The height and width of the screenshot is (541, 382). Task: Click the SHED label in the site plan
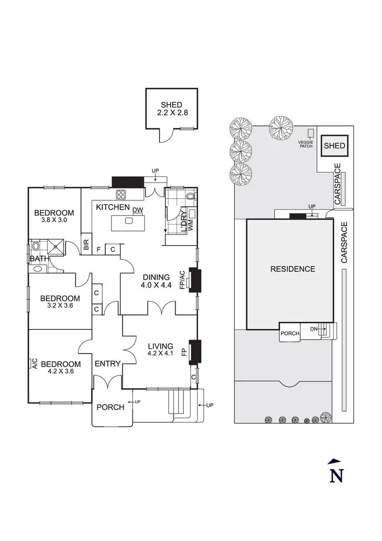335,146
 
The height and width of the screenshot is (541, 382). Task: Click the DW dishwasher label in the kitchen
138,210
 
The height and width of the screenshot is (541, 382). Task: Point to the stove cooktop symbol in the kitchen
122,194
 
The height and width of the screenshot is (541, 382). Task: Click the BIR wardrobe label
86,244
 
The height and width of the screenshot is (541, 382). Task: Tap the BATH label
39,259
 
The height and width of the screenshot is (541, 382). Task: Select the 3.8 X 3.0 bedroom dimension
54,221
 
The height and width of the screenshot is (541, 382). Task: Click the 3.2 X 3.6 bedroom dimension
61,306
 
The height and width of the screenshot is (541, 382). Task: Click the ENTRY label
107,364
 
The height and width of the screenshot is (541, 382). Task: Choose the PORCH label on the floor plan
110,407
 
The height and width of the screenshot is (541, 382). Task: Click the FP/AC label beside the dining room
183,280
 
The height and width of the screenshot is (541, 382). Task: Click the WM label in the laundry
190,228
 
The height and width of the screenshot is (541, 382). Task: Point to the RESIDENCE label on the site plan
292,269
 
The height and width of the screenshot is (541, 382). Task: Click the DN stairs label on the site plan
314,329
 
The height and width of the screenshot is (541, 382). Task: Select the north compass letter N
336,475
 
